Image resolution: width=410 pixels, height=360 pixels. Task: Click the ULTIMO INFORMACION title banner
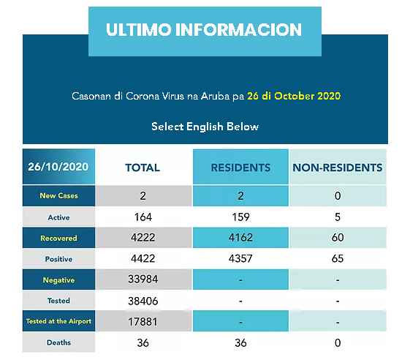(x=205, y=31)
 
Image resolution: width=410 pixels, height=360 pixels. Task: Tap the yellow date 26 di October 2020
(x=294, y=96)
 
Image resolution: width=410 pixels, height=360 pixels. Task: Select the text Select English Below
(x=205, y=127)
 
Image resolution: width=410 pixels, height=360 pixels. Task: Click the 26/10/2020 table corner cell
(x=59, y=167)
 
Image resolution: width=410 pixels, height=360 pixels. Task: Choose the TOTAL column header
(x=143, y=168)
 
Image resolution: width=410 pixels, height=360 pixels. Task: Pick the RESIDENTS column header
(x=240, y=168)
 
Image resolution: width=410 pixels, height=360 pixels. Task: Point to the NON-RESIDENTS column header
(x=338, y=168)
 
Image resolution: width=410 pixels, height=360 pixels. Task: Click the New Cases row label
(x=59, y=196)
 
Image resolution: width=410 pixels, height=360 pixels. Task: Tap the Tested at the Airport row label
(x=59, y=321)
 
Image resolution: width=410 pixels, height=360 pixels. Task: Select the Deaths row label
(x=59, y=342)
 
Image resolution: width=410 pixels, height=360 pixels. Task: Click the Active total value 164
(x=143, y=217)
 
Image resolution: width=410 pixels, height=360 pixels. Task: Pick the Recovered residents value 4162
(x=240, y=238)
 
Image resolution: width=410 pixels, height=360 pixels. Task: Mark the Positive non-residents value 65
(x=338, y=259)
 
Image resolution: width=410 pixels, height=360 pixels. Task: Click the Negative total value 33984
(x=143, y=280)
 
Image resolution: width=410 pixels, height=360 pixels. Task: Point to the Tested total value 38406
(x=143, y=301)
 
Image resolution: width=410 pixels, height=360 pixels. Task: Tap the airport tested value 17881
(x=143, y=322)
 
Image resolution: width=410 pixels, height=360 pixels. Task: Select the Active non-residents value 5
(x=338, y=217)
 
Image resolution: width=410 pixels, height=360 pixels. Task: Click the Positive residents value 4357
(x=240, y=259)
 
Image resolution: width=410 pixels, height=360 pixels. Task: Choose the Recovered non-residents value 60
(x=338, y=238)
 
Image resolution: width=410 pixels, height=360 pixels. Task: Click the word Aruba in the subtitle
(x=215, y=96)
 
